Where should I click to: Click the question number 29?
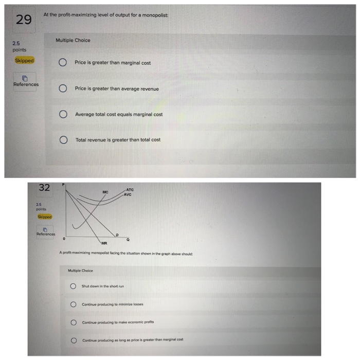click(23, 20)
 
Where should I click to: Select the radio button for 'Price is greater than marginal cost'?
click(62, 63)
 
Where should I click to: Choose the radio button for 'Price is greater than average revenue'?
click(62, 88)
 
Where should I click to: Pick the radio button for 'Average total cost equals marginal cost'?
click(62, 114)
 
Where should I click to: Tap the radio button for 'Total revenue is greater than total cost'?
click(62, 140)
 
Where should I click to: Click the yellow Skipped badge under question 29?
click(24, 60)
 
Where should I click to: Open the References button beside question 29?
click(25, 81)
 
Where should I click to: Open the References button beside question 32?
click(45, 232)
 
